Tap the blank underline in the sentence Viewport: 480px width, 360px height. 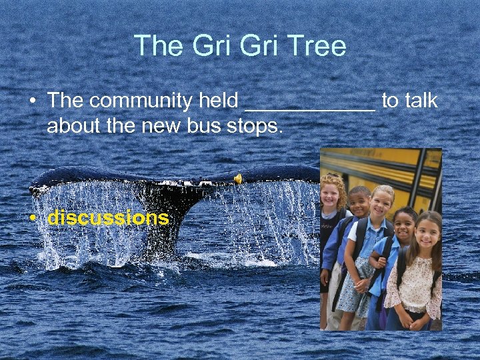click(x=310, y=107)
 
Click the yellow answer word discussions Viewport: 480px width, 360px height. click(x=108, y=218)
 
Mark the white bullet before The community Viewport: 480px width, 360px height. click(x=31, y=101)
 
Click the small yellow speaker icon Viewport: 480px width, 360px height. click(x=237, y=178)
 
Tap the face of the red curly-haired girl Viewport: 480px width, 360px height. click(x=331, y=194)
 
